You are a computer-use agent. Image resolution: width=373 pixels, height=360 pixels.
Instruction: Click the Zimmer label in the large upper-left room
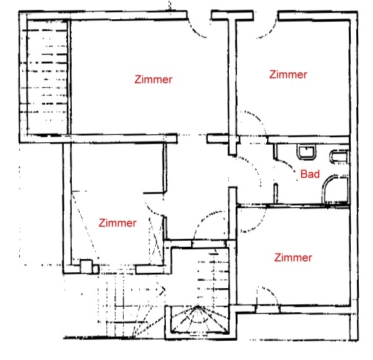153,79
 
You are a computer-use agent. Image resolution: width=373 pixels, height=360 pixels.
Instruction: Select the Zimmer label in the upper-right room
288,74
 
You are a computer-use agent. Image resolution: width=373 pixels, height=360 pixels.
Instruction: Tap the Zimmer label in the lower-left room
118,223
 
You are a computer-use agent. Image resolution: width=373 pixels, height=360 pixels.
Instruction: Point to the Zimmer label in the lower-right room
293,258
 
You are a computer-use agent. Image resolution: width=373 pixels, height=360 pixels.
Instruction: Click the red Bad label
310,174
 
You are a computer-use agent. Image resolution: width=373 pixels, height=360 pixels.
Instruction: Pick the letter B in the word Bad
304,174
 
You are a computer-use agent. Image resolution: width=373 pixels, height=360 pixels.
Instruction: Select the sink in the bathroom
306,152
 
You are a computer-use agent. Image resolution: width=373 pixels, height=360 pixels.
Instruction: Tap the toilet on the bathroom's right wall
339,156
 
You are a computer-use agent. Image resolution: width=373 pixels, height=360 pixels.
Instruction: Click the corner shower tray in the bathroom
335,190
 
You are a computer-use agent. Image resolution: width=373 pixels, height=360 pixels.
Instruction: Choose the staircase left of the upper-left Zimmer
47,77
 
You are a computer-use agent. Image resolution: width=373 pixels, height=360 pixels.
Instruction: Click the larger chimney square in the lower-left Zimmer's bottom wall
86,267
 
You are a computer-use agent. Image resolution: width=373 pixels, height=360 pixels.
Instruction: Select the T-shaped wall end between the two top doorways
233,15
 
